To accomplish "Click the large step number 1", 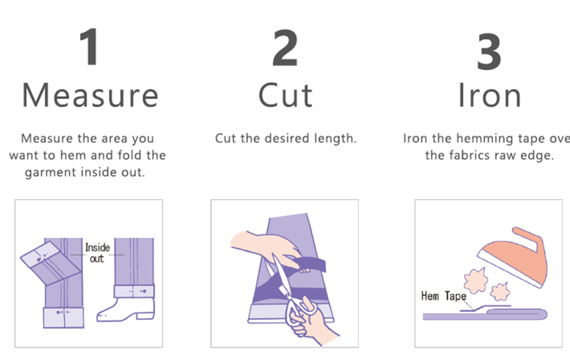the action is point(89,47).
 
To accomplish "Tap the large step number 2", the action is point(285,48).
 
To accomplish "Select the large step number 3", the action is point(489,52).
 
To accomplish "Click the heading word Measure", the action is point(90,96).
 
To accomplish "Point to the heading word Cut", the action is point(286,96).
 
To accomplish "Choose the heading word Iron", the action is point(489,96).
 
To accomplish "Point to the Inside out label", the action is point(97,253).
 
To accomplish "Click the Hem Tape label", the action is point(443,296).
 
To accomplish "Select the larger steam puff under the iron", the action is point(476,280).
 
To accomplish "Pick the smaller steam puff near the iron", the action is point(500,292).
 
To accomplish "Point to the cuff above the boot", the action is point(134,292).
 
